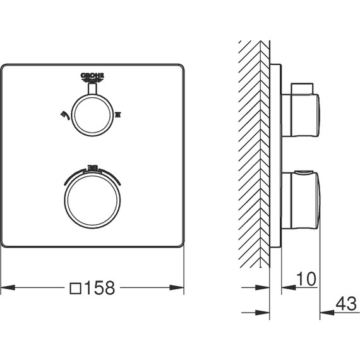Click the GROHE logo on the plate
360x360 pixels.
[x=92, y=78]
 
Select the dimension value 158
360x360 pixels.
[x=100, y=288]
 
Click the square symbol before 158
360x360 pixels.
[x=75, y=289]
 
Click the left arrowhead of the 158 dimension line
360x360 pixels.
[x=8, y=289]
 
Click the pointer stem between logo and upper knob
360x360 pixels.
[x=92, y=90]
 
